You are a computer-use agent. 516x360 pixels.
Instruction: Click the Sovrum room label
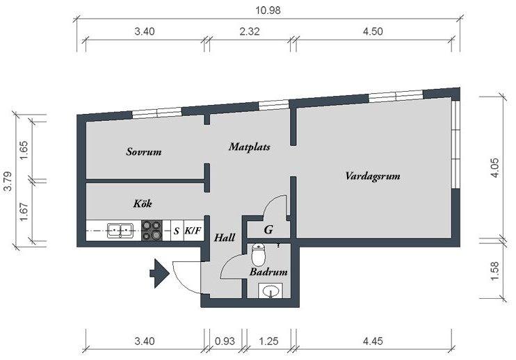point(144,152)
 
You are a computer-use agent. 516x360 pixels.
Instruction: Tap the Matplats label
point(250,147)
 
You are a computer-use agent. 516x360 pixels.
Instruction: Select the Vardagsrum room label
point(373,176)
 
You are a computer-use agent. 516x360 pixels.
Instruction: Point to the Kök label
point(143,203)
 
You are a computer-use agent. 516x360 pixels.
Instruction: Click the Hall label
point(225,238)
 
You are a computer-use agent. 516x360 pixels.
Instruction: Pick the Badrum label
point(268,272)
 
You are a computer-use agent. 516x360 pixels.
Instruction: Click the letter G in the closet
point(268,229)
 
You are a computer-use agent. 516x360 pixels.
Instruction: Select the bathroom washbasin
point(271,291)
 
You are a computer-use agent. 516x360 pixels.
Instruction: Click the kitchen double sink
point(120,230)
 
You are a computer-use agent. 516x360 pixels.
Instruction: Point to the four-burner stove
point(152,230)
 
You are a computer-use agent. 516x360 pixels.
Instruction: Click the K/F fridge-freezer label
point(193,231)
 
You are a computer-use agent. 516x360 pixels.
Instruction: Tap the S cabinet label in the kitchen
point(177,231)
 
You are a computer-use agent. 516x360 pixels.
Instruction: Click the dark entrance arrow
point(159,273)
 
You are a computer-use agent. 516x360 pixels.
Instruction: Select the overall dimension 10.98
point(268,10)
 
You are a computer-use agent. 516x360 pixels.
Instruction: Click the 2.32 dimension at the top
point(250,31)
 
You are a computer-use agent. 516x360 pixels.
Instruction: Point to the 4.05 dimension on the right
point(495,168)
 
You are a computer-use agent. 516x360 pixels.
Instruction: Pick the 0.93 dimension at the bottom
point(225,341)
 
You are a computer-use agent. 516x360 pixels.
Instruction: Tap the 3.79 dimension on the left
point(8,181)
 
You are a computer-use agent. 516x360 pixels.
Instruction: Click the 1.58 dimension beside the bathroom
point(495,271)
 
